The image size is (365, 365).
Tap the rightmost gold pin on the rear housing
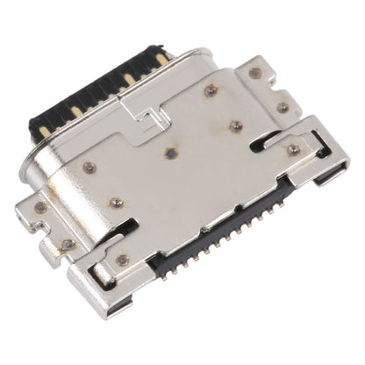(x=162, y=59)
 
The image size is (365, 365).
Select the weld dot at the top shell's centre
(x=168, y=152)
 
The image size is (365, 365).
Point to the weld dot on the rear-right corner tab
(x=254, y=72)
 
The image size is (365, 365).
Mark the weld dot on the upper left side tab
(x=40, y=207)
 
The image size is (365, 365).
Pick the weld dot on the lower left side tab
(x=68, y=243)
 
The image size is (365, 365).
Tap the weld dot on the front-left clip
(x=123, y=260)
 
